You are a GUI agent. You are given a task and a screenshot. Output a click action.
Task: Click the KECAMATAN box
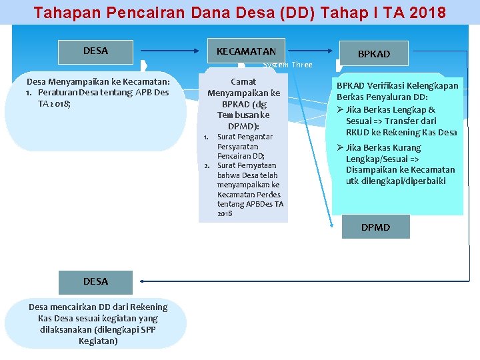tap(246, 51)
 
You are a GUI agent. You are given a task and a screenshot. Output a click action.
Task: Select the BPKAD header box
tap(373, 53)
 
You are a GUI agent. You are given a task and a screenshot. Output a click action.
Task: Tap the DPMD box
tap(375, 227)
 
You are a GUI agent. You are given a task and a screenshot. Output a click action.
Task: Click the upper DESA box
tap(95, 51)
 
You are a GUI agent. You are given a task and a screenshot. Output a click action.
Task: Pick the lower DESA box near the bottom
tap(95, 281)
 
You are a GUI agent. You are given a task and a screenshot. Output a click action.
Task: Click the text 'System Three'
tap(288, 65)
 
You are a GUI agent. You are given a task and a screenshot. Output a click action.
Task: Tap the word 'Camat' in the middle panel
tap(243, 81)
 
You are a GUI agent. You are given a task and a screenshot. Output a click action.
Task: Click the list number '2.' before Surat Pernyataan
tap(207, 165)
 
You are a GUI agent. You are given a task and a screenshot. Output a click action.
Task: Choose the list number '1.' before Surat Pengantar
tap(207, 137)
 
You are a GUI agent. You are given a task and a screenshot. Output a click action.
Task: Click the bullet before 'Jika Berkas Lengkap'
tap(340, 110)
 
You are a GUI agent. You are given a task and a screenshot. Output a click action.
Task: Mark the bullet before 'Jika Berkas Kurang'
tap(340, 147)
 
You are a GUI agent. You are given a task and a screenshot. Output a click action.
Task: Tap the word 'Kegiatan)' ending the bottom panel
tap(98, 341)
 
